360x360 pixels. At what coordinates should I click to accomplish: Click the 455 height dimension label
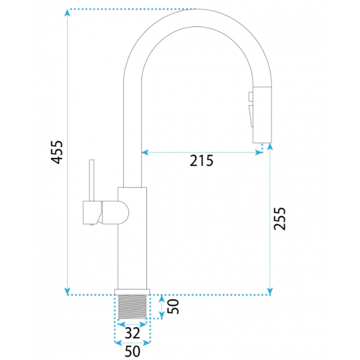[57, 152]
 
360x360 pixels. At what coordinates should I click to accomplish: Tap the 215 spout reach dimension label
[202, 161]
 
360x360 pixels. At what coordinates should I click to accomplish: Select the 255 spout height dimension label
[280, 218]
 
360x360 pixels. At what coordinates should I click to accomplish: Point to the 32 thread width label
[132, 333]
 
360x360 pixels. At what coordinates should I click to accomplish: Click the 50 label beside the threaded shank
[173, 306]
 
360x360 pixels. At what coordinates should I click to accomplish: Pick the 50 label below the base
[132, 351]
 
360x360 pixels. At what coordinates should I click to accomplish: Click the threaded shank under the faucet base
[132, 307]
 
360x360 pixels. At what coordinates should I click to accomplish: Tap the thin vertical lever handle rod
[92, 181]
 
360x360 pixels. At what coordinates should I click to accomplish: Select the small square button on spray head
[251, 97]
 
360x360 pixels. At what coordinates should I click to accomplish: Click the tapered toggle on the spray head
[251, 116]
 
